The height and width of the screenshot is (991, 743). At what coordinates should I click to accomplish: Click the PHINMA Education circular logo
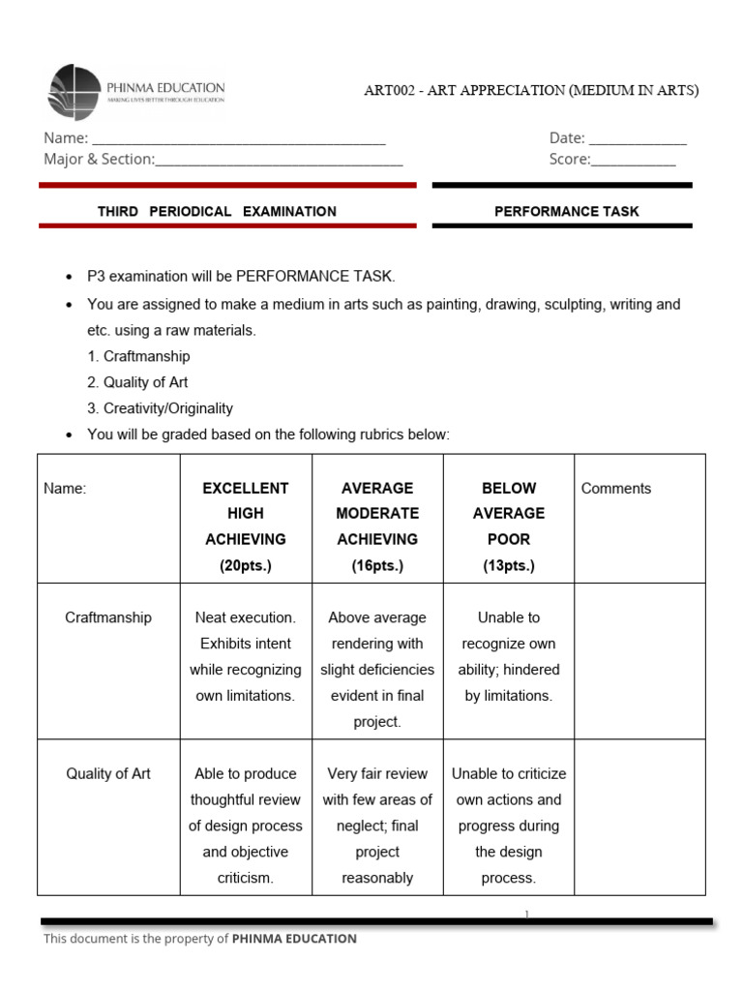[74, 92]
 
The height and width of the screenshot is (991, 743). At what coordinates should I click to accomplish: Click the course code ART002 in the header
[387, 91]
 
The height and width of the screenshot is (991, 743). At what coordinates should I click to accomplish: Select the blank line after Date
[638, 139]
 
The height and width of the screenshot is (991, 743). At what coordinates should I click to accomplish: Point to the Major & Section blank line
[279, 161]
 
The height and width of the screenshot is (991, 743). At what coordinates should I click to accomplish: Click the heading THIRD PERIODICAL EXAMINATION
[217, 211]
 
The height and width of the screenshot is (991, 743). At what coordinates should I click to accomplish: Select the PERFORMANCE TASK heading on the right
[566, 211]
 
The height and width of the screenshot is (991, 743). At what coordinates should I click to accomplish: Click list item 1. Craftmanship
[138, 356]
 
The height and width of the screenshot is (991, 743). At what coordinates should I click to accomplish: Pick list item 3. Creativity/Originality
[160, 408]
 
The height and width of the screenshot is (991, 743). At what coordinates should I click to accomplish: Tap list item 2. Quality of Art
[137, 382]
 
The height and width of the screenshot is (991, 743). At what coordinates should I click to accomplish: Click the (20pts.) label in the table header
[245, 565]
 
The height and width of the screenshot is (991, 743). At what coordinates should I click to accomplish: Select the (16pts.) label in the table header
[377, 565]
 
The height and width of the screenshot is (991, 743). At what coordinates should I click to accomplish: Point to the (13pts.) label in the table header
[509, 565]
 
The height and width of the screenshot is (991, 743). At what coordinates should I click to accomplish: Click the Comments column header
[616, 489]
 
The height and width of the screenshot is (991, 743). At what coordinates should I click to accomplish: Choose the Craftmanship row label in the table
[108, 617]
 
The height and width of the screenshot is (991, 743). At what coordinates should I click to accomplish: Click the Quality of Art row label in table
[108, 774]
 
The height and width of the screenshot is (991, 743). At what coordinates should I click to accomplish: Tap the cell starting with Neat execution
[245, 656]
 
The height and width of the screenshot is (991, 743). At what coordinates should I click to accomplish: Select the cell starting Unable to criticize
[509, 826]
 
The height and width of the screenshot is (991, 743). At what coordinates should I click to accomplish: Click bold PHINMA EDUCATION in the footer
[294, 939]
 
